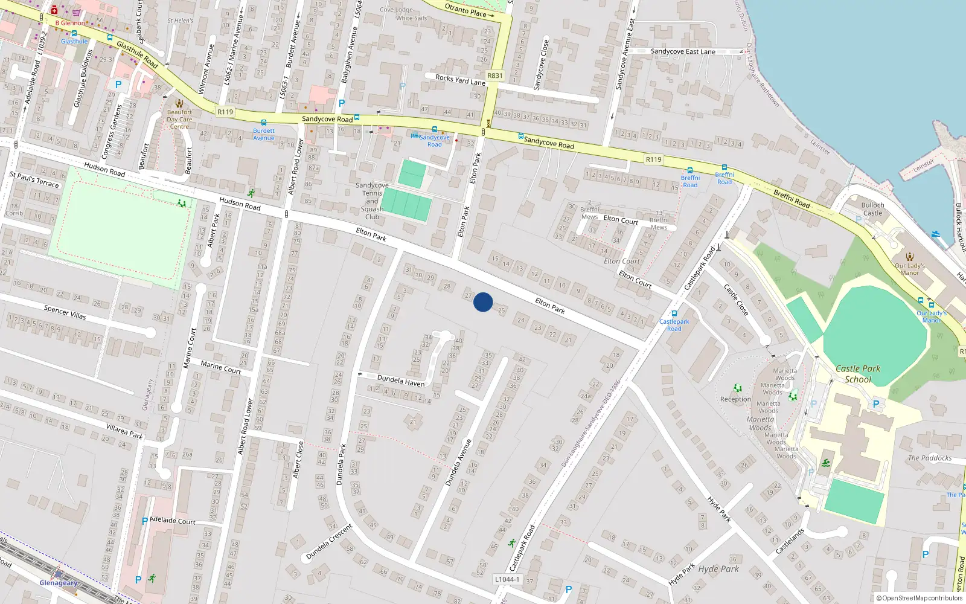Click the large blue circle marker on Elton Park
pyautogui.click(x=483, y=302)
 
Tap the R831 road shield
pyautogui.click(x=494, y=75)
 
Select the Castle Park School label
pyautogui.click(x=858, y=374)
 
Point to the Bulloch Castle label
pyautogui.click(x=872, y=209)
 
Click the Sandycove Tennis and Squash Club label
pyautogui.click(x=372, y=201)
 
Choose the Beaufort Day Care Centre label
pyautogui.click(x=179, y=119)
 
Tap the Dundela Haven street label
pyautogui.click(x=401, y=381)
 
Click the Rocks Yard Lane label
pyautogui.click(x=460, y=80)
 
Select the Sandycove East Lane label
pyautogui.click(x=683, y=52)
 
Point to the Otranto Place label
pyautogui.click(x=465, y=10)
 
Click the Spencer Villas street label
pyautogui.click(x=65, y=312)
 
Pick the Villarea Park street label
pyautogui.click(x=124, y=431)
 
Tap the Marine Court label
pyautogui.click(x=220, y=367)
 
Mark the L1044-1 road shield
pyautogui.click(x=507, y=579)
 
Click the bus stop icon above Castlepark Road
pyautogui.click(x=674, y=313)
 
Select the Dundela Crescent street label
pyautogui.click(x=329, y=542)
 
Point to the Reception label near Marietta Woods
pyautogui.click(x=735, y=399)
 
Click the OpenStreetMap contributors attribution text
pyautogui.click(x=919, y=599)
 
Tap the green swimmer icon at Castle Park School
pyautogui.click(x=825, y=463)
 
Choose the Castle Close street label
pyautogui.click(x=736, y=300)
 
